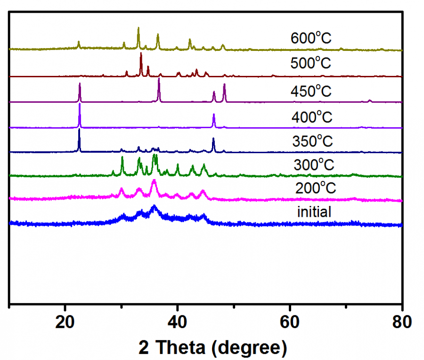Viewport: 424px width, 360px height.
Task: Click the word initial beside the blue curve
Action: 314,212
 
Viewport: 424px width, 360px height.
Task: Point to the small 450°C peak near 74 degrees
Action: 370,100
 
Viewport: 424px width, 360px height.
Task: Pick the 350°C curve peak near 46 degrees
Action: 213,139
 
